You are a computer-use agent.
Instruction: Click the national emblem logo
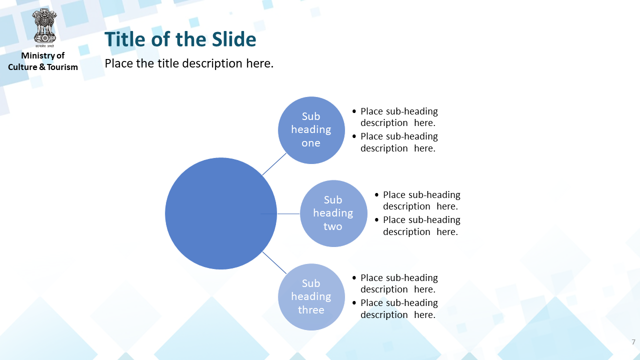click(44, 27)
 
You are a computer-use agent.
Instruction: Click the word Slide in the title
click(234, 39)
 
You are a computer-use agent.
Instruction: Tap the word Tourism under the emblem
click(62, 67)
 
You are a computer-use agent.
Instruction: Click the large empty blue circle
click(221, 213)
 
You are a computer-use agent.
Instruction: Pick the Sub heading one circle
click(311, 130)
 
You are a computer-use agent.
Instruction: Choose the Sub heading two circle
click(333, 213)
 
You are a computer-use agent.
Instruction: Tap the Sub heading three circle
click(311, 297)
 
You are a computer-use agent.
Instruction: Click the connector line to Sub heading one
click(274, 164)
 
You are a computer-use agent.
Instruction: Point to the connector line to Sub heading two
click(288, 213)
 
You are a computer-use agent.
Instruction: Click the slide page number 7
click(633, 342)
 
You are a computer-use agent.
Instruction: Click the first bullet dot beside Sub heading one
click(354, 111)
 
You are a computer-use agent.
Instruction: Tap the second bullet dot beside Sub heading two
click(376, 219)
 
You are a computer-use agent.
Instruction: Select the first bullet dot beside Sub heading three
click(354, 277)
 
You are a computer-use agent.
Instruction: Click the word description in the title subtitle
click(212, 63)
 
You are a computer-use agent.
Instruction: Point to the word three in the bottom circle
click(311, 309)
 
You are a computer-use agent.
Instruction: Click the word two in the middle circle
click(333, 226)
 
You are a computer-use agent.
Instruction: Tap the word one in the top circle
click(311, 143)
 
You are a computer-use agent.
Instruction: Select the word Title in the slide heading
click(125, 39)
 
